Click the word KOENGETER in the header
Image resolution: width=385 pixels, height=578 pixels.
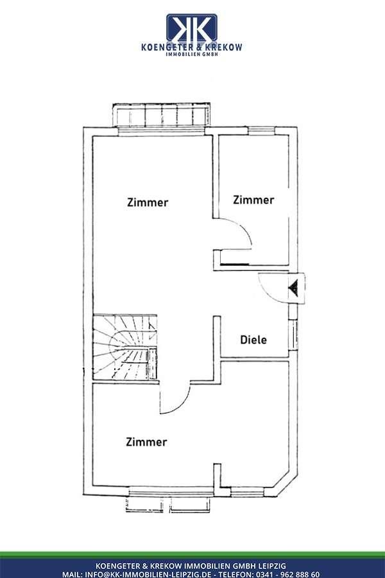(x=166, y=47)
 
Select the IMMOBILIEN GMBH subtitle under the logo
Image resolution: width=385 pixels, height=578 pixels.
(x=192, y=54)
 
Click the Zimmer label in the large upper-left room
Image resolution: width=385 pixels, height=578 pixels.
(x=148, y=202)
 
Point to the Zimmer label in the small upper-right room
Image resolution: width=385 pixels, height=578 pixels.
(x=253, y=200)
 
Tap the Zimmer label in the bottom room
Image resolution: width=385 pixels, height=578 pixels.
(x=146, y=442)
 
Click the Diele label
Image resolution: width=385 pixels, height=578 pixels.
(x=253, y=340)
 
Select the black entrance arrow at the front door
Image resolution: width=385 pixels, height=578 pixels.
(x=293, y=288)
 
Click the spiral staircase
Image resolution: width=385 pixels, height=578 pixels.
(x=125, y=347)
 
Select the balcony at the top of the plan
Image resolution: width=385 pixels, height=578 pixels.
(x=161, y=115)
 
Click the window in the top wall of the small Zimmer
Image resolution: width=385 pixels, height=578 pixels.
(x=261, y=130)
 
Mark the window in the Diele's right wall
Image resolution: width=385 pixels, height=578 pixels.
(x=293, y=335)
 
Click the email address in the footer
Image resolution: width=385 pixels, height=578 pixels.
(x=148, y=574)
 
